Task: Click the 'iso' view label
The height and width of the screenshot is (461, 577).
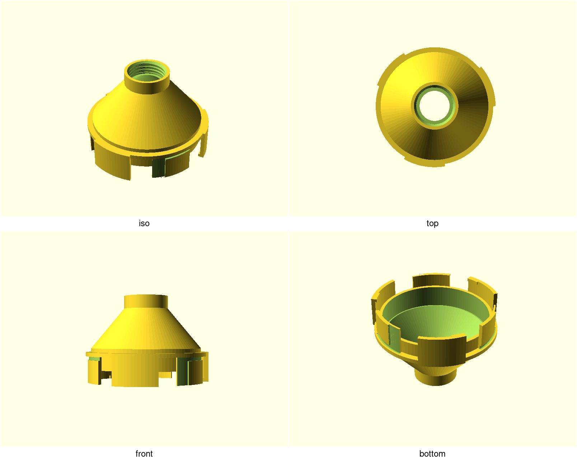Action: (144, 223)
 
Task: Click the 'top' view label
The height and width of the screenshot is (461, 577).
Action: (432, 223)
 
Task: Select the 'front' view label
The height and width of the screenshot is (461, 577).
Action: (144, 453)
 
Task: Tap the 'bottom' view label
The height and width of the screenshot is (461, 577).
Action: (432, 453)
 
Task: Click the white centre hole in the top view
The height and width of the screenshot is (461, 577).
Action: (434, 106)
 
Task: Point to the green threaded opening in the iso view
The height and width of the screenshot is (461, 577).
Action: (147, 71)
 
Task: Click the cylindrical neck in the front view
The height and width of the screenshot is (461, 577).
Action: (146, 302)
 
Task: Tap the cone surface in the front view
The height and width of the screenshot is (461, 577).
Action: (146, 329)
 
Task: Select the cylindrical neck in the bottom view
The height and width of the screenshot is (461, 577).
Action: (435, 377)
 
